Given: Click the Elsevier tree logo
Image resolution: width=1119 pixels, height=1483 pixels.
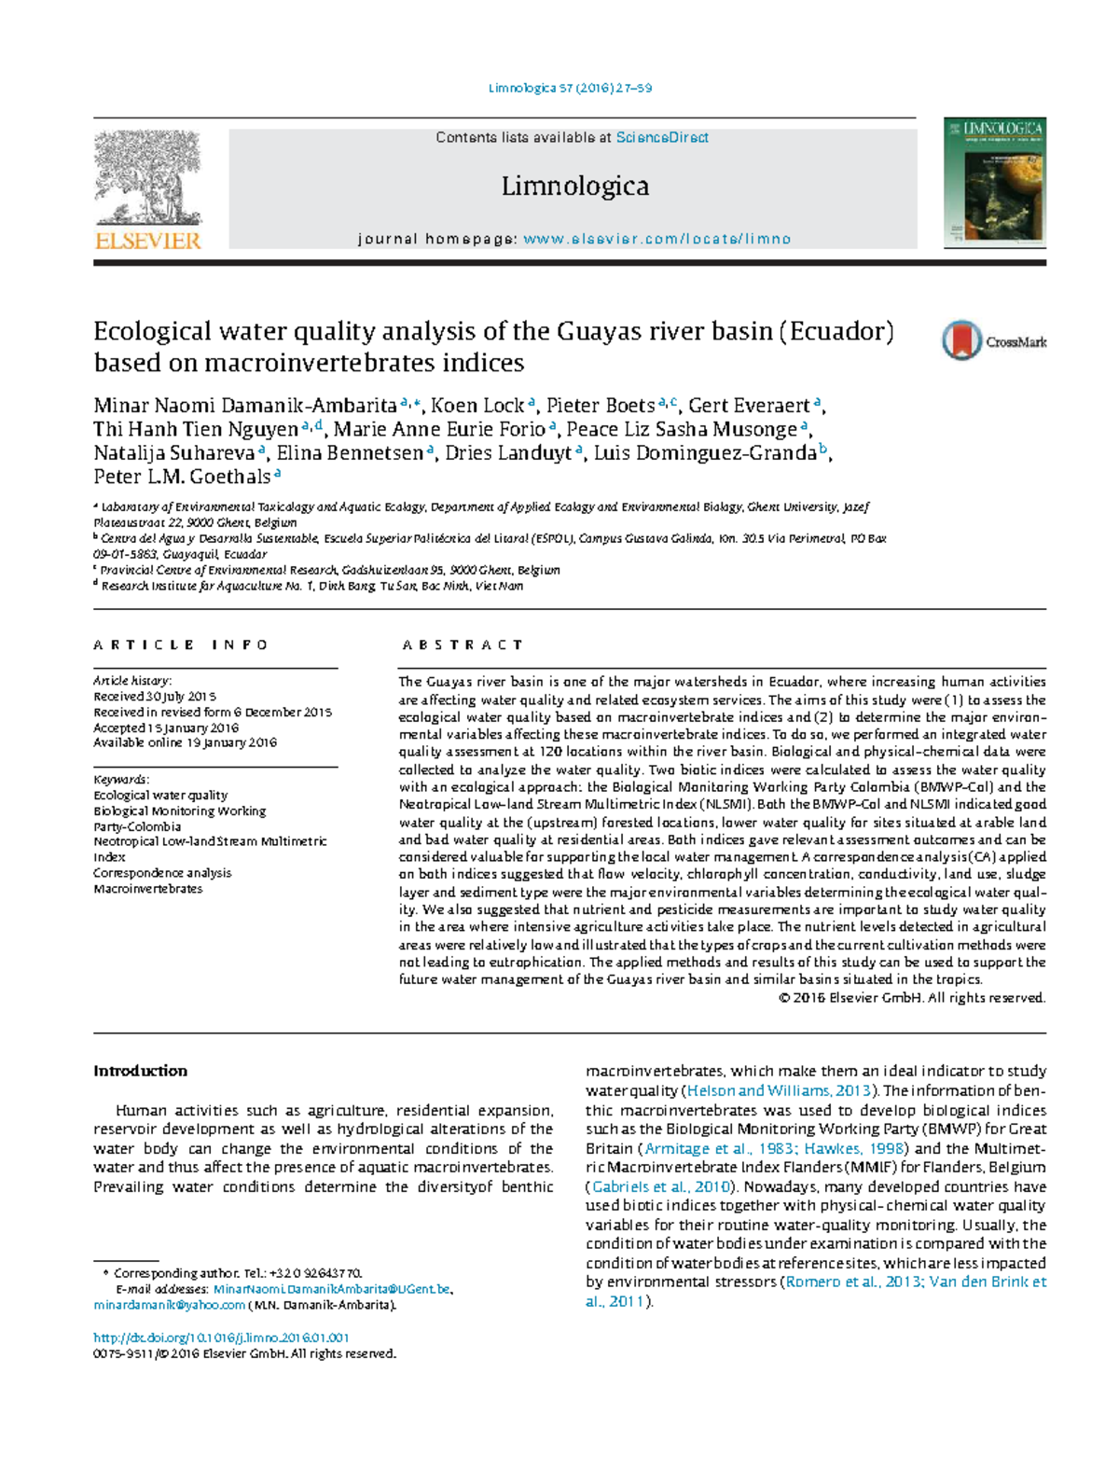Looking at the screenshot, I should tap(148, 179).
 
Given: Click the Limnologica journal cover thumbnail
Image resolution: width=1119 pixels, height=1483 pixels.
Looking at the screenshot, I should tap(994, 182).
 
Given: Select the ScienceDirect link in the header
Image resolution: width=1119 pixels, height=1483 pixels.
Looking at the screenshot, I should tap(662, 138).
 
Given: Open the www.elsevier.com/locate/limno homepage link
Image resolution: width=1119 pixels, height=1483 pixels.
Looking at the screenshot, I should tap(656, 240).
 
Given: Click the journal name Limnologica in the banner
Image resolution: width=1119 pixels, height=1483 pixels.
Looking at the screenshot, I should tap(574, 187).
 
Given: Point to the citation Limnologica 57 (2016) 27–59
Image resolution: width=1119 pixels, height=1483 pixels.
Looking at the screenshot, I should tap(570, 89).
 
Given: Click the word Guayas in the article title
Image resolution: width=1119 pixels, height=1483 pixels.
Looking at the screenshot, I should tap(598, 332).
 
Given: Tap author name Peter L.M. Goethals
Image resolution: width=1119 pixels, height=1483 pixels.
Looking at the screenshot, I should tap(182, 477).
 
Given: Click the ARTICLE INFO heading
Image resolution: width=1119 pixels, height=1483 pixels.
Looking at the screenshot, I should tap(181, 644).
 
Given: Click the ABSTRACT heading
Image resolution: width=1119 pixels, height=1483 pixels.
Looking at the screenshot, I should tap(463, 644).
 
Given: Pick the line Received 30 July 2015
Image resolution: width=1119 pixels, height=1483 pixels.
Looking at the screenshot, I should tap(155, 697).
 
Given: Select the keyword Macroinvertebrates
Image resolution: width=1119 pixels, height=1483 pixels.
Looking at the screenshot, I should tap(147, 889).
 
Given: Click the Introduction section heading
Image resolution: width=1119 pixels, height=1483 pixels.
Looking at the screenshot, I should tap(140, 1071).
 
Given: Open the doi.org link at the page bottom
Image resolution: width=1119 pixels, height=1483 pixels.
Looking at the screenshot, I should tap(221, 1337).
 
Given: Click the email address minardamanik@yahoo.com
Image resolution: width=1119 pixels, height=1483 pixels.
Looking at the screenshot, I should tap(169, 1305).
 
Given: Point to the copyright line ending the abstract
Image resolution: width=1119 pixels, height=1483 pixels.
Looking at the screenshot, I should tap(911, 998).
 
